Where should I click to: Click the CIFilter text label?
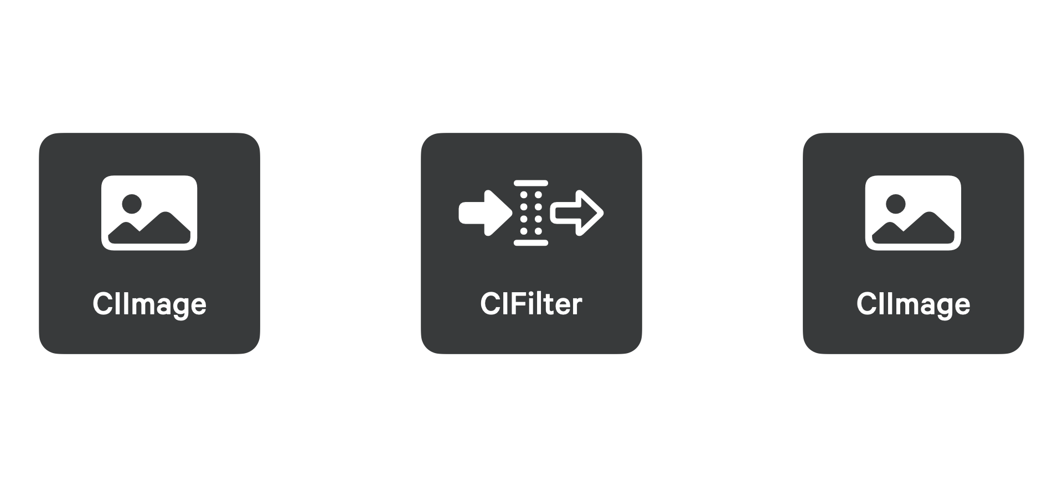531,304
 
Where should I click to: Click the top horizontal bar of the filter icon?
531,183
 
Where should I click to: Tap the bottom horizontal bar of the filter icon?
531,242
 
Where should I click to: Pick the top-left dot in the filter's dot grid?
524,195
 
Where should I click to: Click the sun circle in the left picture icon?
132,204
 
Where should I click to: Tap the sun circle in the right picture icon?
896,204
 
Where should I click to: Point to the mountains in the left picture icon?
149,229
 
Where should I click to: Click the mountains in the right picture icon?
914,229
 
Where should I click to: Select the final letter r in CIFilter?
577,307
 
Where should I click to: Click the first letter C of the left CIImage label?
102,304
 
